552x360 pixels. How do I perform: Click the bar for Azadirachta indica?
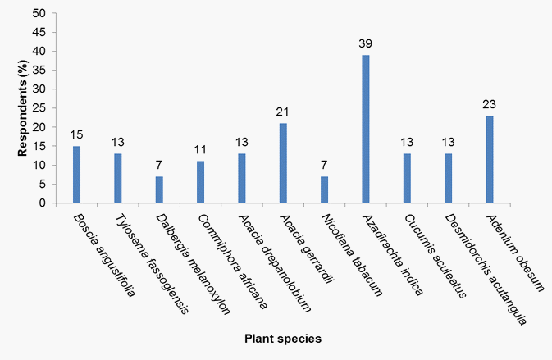pos(366,130)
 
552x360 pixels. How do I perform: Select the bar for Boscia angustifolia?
pos(77,175)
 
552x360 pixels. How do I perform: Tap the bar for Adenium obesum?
pos(490,160)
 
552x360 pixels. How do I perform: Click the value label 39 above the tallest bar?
pos(366,43)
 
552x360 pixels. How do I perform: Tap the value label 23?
pos(490,104)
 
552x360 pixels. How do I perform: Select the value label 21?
pos(283,112)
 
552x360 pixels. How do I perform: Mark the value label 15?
pos(77,134)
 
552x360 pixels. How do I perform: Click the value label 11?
pos(200,150)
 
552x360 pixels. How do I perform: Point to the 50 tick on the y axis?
pos(40,13)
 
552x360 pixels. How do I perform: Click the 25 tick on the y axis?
pos(40,108)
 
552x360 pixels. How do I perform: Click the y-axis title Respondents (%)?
pos(16,108)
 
